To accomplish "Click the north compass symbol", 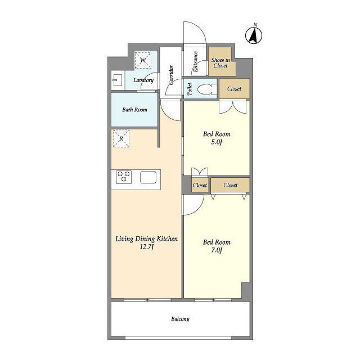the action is click(254, 35).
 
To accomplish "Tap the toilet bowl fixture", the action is click(207, 89).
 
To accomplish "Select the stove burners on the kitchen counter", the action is click(124, 177).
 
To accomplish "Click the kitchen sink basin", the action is click(148, 177).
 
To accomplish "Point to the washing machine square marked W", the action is click(143, 60).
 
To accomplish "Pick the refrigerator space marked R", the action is click(121, 138).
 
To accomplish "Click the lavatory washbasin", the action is click(118, 80).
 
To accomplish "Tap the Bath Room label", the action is click(135, 110).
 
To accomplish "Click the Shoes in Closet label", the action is click(220, 62).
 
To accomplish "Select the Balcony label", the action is click(180, 319).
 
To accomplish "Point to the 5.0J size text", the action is click(217, 142).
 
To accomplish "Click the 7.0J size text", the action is click(216, 250).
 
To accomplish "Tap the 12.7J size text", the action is click(147, 247).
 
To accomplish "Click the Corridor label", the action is click(171, 75).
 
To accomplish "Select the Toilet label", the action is click(190, 89).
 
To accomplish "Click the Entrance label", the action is click(195, 61).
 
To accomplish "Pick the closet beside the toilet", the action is click(235, 89).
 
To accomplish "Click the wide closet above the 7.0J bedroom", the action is click(230, 185).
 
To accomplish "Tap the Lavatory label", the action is click(143, 80).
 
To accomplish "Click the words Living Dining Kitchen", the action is click(146, 239).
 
